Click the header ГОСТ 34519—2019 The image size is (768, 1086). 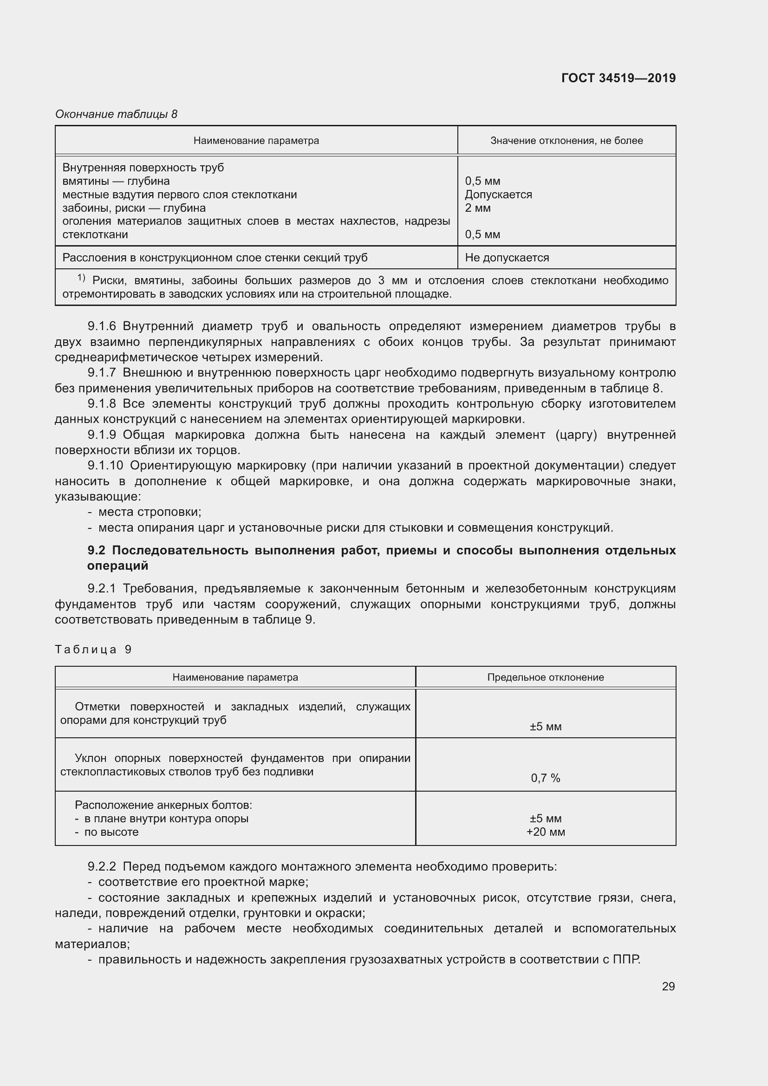618,78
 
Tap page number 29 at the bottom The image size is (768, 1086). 668,986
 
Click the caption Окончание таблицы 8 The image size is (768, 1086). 116,114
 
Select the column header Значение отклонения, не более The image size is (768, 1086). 566,141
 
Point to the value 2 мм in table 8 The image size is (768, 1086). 478,208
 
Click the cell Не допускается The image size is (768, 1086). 507,258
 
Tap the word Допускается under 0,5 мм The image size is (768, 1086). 498,195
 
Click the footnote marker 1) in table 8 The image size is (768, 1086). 81,278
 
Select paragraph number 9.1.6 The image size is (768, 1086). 102,326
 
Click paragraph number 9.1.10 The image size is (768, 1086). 105,465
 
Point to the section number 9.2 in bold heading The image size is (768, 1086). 96,550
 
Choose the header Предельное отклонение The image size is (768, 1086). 545,677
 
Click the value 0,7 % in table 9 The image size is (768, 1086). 545,778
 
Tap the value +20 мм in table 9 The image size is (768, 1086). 545,832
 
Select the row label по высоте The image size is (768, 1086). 111,832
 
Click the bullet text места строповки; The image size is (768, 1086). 150,512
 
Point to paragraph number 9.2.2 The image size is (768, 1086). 102,866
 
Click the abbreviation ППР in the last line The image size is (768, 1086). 625,959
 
